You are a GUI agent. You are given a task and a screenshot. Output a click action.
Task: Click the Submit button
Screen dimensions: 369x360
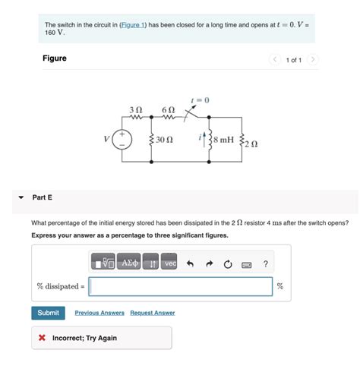pyautogui.click(x=48, y=313)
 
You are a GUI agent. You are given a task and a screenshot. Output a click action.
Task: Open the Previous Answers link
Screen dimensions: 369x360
pyautogui.click(x=99, y=313)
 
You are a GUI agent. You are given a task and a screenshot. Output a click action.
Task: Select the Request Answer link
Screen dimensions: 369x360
pyautogui.click(x=152, y=313)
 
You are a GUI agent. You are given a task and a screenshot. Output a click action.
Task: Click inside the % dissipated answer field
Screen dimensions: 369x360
pyautogui.click(x=181, y=286)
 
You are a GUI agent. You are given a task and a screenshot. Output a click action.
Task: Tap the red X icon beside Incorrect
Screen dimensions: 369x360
pyautogui.click(x=43, y=338)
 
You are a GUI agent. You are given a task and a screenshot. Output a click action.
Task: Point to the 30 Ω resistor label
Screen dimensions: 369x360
pyautogui.click(x=165, y=140)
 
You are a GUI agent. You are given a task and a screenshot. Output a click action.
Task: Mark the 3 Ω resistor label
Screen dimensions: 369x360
pyautogui.click(x=136, y=108)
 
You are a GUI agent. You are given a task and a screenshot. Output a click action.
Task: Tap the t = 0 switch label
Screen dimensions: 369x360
pyautogui.click(x=200, y=99)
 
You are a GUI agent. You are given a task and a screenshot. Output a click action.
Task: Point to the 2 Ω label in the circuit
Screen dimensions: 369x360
pyautogui.click(x=252, y=143)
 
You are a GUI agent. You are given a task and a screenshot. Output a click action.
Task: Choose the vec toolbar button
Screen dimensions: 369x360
pyautogui.click(x=170, y=263)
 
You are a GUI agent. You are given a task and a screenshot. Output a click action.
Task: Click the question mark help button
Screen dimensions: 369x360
pyautogui.click(x=265, y=263)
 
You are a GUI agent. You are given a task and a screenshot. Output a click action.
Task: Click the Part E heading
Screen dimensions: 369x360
pyautogui.click(x=43, y=197)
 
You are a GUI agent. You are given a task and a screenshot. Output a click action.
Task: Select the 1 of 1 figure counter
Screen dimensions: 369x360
pyautogui.click(x=294, y=59)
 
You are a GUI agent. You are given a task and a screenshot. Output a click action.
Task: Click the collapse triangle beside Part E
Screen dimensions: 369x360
pyautogui.click(x=21, y=197)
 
